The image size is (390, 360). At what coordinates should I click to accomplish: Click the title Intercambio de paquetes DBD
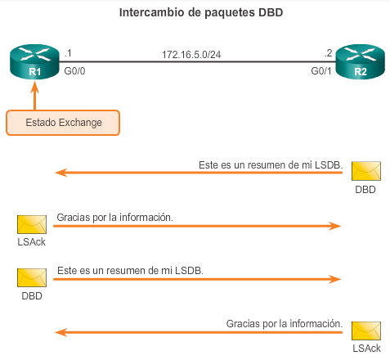[201, 13]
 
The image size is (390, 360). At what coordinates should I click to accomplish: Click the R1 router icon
[34, 62]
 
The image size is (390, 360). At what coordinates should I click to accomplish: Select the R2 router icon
[360, 62]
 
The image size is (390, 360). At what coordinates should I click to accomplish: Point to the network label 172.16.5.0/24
[191, 55]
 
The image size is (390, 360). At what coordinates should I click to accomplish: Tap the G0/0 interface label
[74, 71]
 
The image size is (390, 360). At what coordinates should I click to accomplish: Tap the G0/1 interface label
[321, 71]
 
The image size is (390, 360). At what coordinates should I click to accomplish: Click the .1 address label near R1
[68, 53]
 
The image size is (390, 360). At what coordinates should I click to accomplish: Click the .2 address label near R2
[329, 53]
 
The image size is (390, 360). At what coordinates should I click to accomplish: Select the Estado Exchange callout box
[63, 123]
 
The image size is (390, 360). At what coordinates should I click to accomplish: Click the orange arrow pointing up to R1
[34, 96]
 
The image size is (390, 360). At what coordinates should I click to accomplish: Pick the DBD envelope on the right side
[366, 171]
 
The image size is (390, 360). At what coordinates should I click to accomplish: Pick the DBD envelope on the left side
[32, 277]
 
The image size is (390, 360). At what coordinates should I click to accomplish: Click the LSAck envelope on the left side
[32, 224]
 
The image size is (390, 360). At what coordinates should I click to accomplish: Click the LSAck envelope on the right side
[366, 331]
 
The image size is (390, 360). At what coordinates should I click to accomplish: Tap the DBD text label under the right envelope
[365, 190]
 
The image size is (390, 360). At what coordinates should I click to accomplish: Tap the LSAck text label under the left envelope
[32, 242]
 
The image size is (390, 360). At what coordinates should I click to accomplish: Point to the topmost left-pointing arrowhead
[61, 173]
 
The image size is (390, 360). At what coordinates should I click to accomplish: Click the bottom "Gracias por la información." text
[285, 324]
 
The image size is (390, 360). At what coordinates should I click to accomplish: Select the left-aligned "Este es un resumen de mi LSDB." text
[130, 271]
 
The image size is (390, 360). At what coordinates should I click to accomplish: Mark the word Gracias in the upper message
[74, 218]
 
